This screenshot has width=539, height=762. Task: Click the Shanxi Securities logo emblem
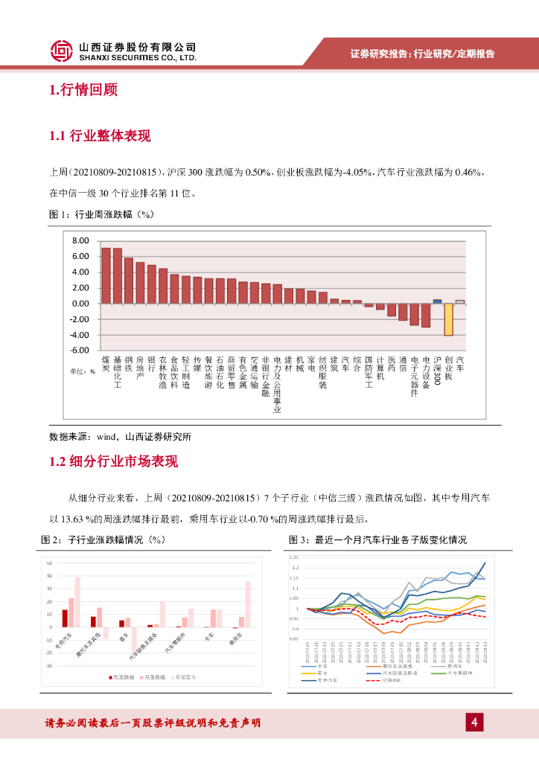(62, 50)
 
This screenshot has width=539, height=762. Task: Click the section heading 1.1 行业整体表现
(100, 135)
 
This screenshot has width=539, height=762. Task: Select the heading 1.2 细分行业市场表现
(113, 461)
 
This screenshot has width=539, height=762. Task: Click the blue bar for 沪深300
(437, 301)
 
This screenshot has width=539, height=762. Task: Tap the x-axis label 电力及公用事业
(278, 384)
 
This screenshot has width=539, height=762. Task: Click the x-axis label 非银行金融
(266, 376)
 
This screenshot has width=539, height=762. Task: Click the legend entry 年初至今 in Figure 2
(185, 677)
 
